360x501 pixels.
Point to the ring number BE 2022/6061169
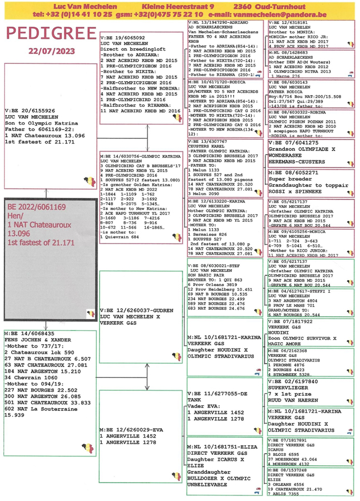(x=37, y=206)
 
